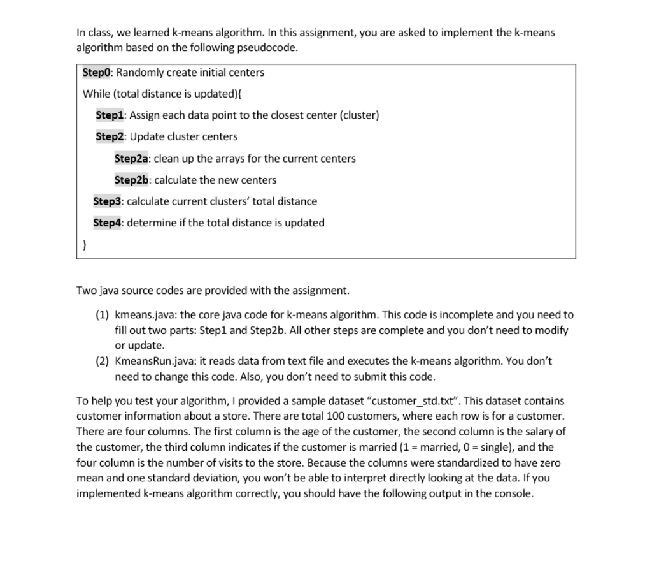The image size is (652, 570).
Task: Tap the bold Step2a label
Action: click(x=132, y=159)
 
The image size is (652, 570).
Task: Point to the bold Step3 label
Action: click(x=107, y=201)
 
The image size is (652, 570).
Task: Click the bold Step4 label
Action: click(x=107, y=223)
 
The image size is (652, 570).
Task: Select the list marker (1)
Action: click(x=102, y=315)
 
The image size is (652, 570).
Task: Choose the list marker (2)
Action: click(x=102, y=362)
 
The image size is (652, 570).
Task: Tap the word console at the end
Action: click(x=514, y=494)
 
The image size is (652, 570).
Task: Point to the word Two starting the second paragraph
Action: click(x=85, y=291)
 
